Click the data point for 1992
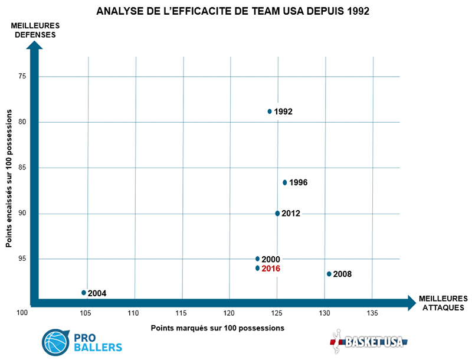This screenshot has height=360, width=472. pyautogui.click(x=270, y=111)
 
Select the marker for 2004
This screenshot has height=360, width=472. pyautogui.click(x=84, y=293)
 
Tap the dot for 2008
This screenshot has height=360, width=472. pyautogui.click(x=329, y=274)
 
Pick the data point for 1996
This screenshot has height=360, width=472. pyautogui.click(x=285, y=182)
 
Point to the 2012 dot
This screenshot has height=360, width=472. pyautogui.click(x=277, y=213)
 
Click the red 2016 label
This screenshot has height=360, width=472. pyautogui.click(x=271, y=269)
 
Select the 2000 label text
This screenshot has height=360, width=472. pyautogui.click(x=271, y=259)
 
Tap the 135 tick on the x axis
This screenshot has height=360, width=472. pyautogui.click(x=372, y=313)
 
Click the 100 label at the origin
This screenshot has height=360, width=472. pyautogui.click(x=23, y=313)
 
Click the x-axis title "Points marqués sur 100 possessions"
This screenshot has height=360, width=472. pyautogui.click(x=218, y=328)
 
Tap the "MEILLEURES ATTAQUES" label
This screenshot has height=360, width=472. pyautogui.click(x=443, y=303)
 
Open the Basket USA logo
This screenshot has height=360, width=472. pyautogui.click(x=368, y=341)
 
